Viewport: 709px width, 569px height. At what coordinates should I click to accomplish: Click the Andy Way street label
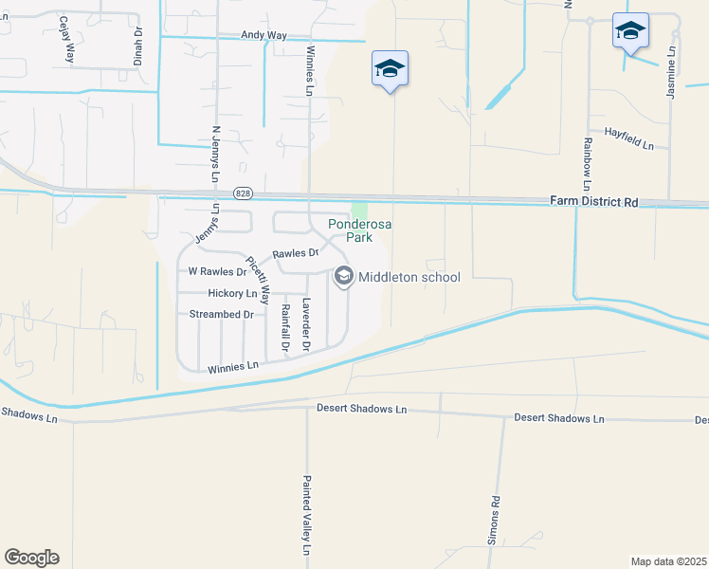click(x=264, y=35)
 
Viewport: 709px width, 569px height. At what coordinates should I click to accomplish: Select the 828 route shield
click(x=244, y=192)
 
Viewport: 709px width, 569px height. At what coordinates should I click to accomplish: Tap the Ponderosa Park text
click(x=360, y=230)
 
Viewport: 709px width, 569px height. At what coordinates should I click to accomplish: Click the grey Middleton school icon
click(x=343, y=277)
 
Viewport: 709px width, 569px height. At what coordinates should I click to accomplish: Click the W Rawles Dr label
click(x=217, y=271)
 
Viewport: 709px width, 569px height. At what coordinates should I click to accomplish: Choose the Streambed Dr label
click(x=223, y=314)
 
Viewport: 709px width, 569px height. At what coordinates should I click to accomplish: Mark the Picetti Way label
click(x=258, y=280)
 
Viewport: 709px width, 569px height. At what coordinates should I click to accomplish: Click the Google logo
click(x=31, y=558)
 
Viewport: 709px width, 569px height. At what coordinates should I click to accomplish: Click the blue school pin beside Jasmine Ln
click(x=630, y=31)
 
